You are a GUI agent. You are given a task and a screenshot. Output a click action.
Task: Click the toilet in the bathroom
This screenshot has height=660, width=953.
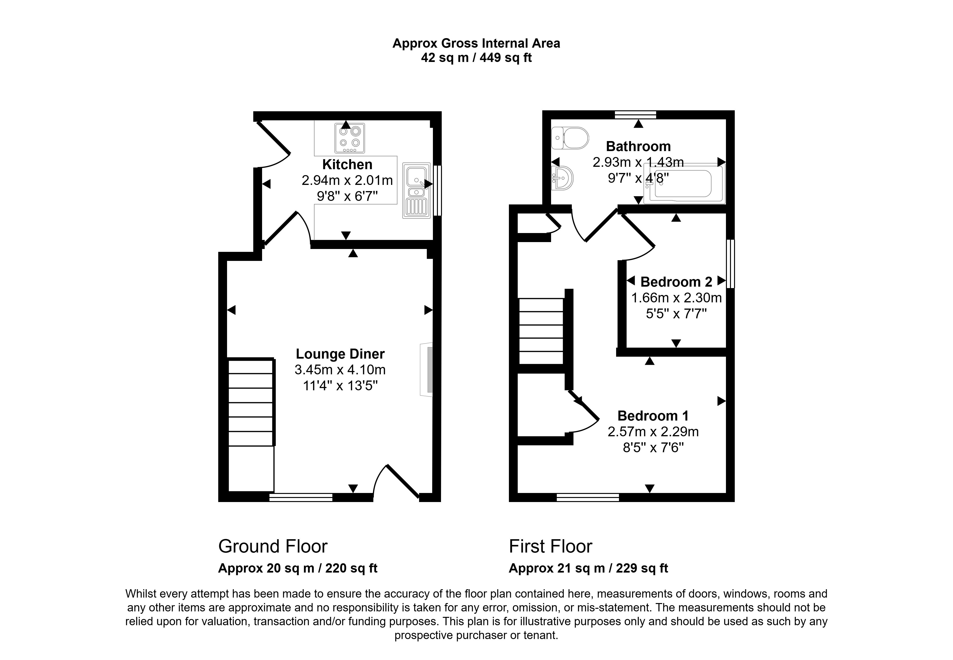click(x=570, y=138)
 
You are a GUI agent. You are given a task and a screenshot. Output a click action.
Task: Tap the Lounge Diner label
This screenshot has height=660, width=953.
click(x=340, y=354)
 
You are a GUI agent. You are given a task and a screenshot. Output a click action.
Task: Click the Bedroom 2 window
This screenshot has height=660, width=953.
click(x=730, y=264)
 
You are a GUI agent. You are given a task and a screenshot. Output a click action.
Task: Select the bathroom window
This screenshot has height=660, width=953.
click(x=635, y=115)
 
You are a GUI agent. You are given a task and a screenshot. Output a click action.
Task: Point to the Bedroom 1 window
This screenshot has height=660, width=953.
click(x=588, y=498)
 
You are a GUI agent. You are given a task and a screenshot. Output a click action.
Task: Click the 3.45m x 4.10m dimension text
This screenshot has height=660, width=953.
click(x=340, y=370)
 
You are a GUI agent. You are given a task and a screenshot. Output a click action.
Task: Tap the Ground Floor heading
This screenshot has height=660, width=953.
click(x=273, y=547)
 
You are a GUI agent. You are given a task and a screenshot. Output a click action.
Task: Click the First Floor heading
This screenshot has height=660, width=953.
click(x=550, y=547)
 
